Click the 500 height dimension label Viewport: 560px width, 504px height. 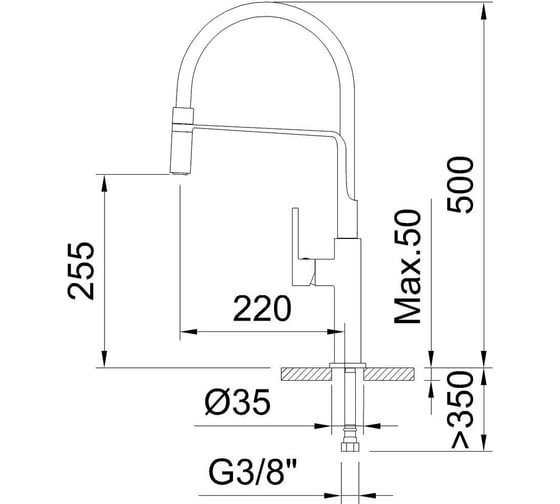[x=460, y=185]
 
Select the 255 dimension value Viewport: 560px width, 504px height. [x=81, y=271]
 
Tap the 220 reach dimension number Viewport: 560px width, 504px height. [x=262, y=308]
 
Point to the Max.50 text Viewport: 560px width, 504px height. [x=408, y=267]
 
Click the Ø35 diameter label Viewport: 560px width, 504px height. [x=238, y=402]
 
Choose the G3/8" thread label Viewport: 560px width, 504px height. [x=252, y=472]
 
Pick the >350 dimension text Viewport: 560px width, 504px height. [x=462, y=410]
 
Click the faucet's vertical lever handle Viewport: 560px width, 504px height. [x=295, y=246]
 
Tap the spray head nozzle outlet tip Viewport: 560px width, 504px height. [x=179, y=174]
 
